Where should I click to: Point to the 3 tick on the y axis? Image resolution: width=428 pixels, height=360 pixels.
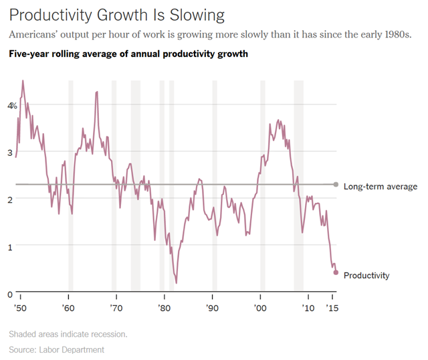click(x=10, y=153)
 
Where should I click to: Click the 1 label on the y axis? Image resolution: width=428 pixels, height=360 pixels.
click(x=10, y=247)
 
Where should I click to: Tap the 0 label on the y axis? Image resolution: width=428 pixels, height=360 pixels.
click(x=10, y=294)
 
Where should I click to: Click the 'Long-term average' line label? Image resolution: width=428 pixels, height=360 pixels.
click(x=380, y=187)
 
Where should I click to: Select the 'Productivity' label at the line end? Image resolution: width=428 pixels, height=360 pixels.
click(x=366, y=275)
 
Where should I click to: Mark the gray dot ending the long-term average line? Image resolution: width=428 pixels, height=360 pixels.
click(x=336, y=185)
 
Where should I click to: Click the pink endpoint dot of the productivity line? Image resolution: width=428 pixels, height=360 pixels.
click(x=336, y=272)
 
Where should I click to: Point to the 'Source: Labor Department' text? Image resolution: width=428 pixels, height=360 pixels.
click(x=56, y=349)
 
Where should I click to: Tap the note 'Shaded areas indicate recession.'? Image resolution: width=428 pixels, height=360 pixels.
click(x=68, y=334)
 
